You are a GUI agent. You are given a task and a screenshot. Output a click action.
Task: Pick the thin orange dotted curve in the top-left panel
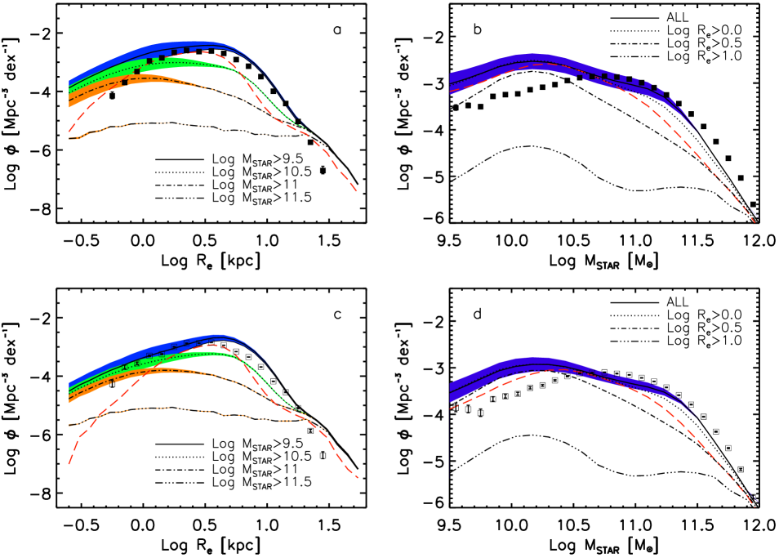click(x=163, y=123)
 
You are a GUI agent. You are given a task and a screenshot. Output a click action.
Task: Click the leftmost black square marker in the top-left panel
click(x=124, y=83)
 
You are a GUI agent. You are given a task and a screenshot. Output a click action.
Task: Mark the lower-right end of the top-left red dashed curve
click(x=357, y=192)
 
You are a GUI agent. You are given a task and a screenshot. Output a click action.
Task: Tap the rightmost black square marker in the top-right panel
click(x=660, y=92)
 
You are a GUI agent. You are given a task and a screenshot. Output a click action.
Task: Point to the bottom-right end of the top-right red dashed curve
click(x=756, y=221)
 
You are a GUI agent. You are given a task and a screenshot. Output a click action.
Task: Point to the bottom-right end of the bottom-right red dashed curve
click(x=755, y=507)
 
